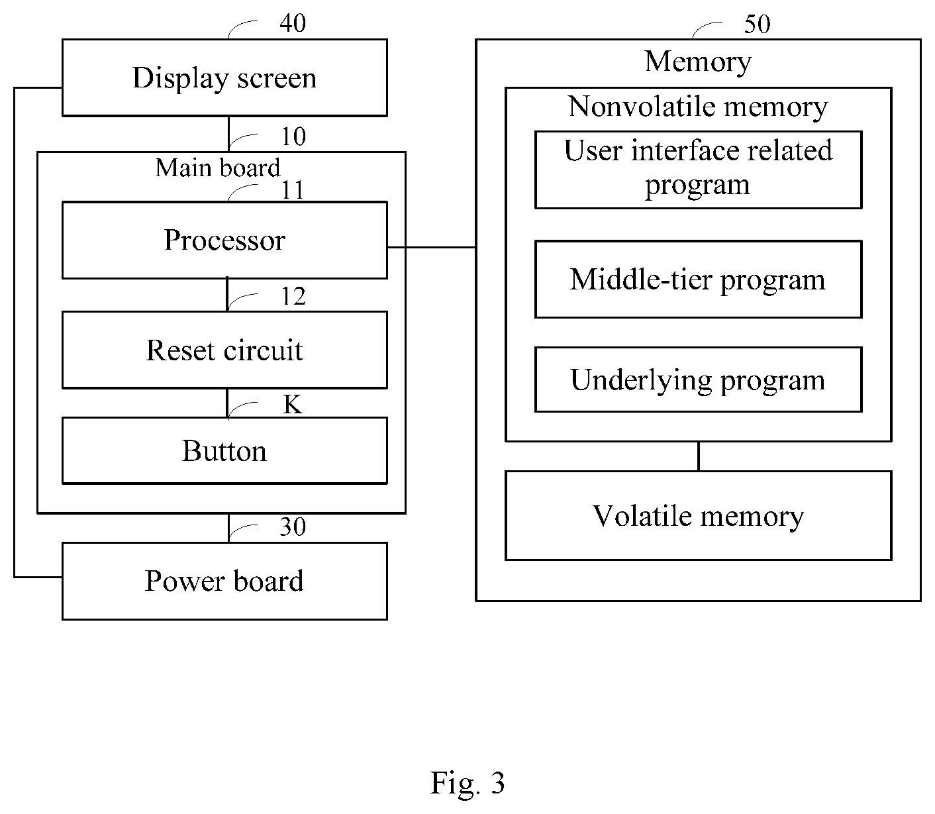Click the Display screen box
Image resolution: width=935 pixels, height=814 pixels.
coord(224,77)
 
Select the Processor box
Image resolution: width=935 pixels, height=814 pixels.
coord(224,240)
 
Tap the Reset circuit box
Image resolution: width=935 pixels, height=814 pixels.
coord(224,350)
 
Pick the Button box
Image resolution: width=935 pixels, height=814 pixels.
coord(224,450)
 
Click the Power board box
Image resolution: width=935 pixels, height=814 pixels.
coord(224,581)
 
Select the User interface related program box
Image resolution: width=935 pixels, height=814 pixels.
coord(699,170)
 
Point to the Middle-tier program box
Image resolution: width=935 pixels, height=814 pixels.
coord(699,280)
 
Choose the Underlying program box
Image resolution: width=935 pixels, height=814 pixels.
coord(699,380)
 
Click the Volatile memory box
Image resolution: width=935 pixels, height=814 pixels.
coord(699,515)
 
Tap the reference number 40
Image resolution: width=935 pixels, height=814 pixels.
coord(293,23)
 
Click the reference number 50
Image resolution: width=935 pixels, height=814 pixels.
coord(757,24)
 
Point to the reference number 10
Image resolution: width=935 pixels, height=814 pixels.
coord(293,136)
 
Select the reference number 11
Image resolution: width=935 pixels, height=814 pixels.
coord(293,190)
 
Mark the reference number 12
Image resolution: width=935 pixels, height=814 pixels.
coord(293,296)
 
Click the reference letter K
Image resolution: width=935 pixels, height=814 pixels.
coord(293,404)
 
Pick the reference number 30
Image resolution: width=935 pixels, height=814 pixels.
coord(293,527)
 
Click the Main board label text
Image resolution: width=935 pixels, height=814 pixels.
coord(218,168)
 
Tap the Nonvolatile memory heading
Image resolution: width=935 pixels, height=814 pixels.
coord(698,107)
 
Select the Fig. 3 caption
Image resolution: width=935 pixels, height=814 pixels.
coord(467,782)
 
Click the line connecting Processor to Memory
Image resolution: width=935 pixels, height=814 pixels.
coord(431,247)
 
